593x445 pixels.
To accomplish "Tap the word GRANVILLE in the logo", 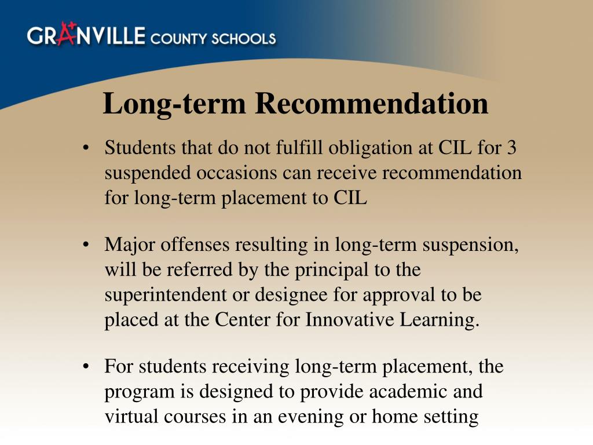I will coord(86,36).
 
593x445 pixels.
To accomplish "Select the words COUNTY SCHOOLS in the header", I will coord(213,39).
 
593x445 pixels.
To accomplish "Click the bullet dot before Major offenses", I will coord(86,245).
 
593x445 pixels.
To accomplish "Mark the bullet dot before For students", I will coord(86,367).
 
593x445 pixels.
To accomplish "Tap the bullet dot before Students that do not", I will coord(86,148).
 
